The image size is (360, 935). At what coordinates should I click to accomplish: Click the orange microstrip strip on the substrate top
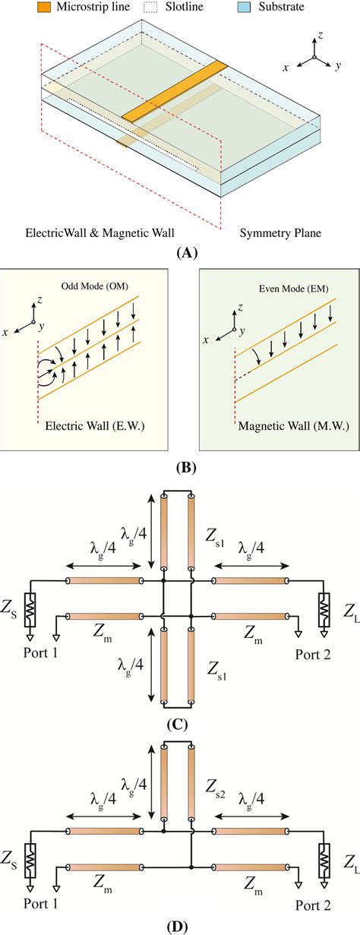(x=175, y=91)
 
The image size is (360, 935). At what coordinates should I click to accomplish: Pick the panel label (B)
(x=179, y=467)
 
